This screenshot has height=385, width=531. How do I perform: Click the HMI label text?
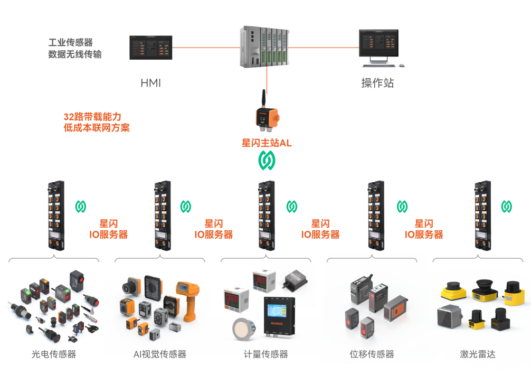[150, 83]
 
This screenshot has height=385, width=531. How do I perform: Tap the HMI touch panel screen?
[151, 47]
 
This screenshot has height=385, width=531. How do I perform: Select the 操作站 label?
[377, 83]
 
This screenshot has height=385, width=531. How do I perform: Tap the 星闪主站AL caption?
[267, 143]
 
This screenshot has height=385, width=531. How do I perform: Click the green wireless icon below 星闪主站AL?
[267, 159]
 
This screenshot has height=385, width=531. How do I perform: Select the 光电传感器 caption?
[53, 354]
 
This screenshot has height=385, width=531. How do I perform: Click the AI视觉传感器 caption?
[160, 354]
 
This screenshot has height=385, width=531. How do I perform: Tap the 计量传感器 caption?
[266, 354]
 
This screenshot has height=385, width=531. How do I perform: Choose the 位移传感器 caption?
[372, 354]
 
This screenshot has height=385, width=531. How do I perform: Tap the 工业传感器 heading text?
[71, 43]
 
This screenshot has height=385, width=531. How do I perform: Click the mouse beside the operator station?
[402, 65]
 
